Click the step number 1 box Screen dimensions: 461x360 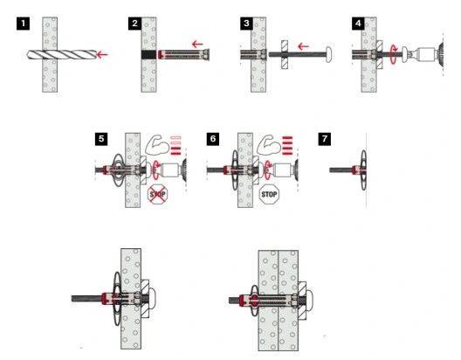coord(24,24)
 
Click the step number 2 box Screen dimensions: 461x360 coord(135,24)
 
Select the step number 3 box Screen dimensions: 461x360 coord(247,24)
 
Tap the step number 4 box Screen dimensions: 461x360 coord(358,24)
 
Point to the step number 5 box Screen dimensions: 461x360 coord(101,139)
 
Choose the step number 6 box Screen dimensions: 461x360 coord(213,139)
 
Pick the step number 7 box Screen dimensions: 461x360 coord(325,139)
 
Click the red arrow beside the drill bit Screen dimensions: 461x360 coord(102,54)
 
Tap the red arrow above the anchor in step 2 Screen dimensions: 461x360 coord(197,45)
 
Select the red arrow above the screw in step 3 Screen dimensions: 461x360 coord(303,46)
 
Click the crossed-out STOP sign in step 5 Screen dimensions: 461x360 coord(157,194)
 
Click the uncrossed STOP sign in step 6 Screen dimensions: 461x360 coord(269,194)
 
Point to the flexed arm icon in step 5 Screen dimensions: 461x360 coord(155,145)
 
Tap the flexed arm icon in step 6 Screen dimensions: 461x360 coord(267,145)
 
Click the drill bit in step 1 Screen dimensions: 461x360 coord(61,54)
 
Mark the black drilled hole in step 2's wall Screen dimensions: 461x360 coord(148,55)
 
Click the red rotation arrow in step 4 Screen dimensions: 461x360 coord(394,54)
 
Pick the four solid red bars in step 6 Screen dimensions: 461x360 coord(287,145)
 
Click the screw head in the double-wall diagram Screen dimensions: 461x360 coord(309,301)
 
